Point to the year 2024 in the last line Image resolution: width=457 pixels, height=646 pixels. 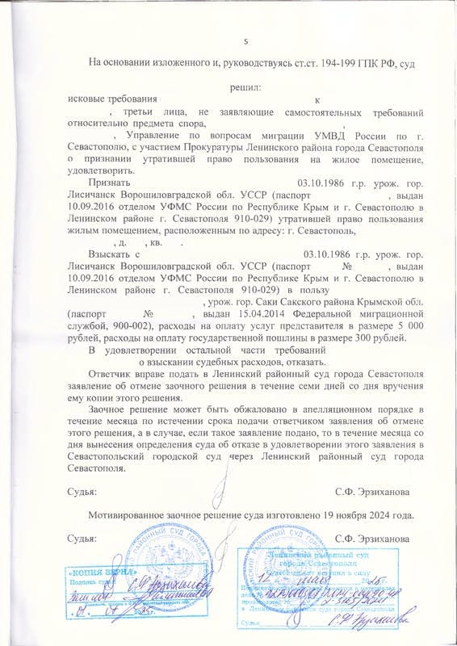tap(394, 514)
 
